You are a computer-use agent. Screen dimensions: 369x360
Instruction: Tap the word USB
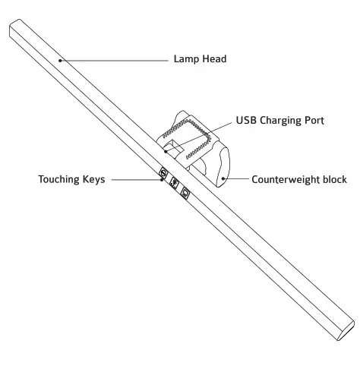[247, 120]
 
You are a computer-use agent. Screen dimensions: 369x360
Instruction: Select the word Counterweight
[287, 180]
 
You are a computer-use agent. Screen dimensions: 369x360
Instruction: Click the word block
[334, 180]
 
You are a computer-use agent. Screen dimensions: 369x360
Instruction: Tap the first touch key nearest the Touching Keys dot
[163, 173]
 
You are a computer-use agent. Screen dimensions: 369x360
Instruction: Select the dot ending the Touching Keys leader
[162, 180]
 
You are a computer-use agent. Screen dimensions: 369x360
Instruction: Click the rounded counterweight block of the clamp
[220, 163]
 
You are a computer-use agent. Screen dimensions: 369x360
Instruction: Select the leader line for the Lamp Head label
[114, 58]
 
